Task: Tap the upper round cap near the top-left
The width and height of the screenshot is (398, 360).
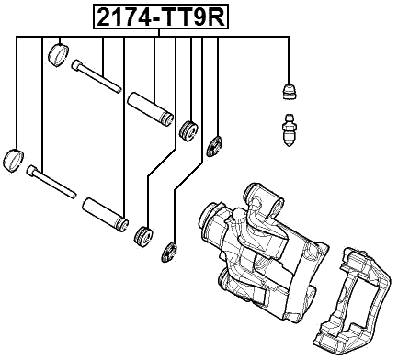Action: [58, 54]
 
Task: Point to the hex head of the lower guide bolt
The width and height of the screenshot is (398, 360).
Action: [32, 170]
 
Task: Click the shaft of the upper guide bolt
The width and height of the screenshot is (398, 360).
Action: [99, 79]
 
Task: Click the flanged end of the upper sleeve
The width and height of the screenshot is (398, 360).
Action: [166, 118]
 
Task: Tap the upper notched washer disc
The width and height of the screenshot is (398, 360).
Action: [216, 144]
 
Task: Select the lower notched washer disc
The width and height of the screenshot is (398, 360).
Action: [171, 250]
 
